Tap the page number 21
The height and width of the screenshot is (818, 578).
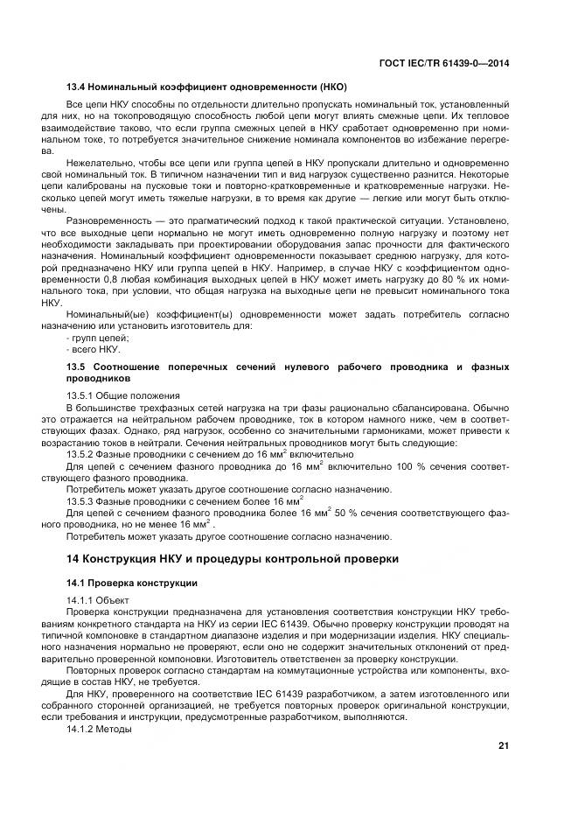pos(503,745)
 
